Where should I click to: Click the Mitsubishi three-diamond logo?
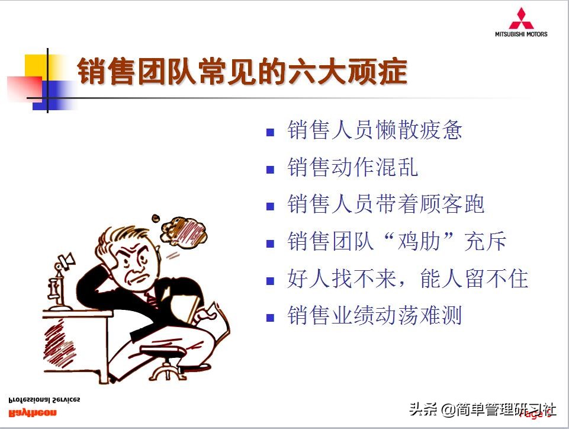(521, 18)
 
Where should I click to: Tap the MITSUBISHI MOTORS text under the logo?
(521, 34)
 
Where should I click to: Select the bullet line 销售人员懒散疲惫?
(374, 130)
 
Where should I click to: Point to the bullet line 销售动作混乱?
(352, 168)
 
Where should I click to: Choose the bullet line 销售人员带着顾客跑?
(385, 204)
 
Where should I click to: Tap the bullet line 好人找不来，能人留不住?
(407, 278)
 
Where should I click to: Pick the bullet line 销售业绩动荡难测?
(374, 316)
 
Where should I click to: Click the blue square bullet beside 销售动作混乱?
(271, 169)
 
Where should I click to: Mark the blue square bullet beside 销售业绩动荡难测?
(271, 318)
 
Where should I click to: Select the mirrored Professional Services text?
(44, 399)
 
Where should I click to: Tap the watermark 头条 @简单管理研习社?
(483, 409)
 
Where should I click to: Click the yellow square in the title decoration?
(36, 66)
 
